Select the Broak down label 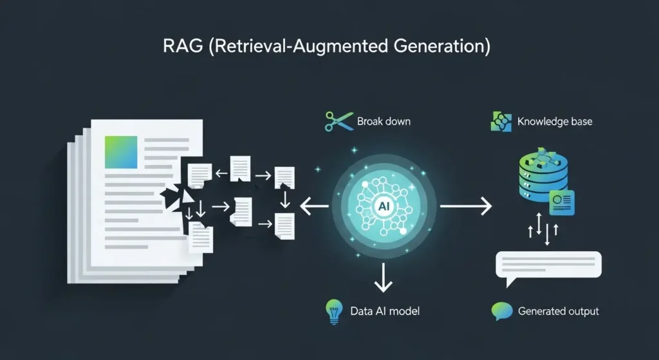pyautogui.click(x=384, y=121)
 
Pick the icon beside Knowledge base pyautogui.click(x=501, y=121)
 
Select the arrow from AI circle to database pyautogui.click(x=465, y=207)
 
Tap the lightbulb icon pyautogui.click(x=333, y=311)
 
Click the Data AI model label pyautogui.click(x=385, y=311)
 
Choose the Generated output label pyautogui.click(x=558, y=311)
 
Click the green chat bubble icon pyautogui.click(x=501, y=310)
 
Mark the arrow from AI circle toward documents pyautogui.click(x=314, y=207)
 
